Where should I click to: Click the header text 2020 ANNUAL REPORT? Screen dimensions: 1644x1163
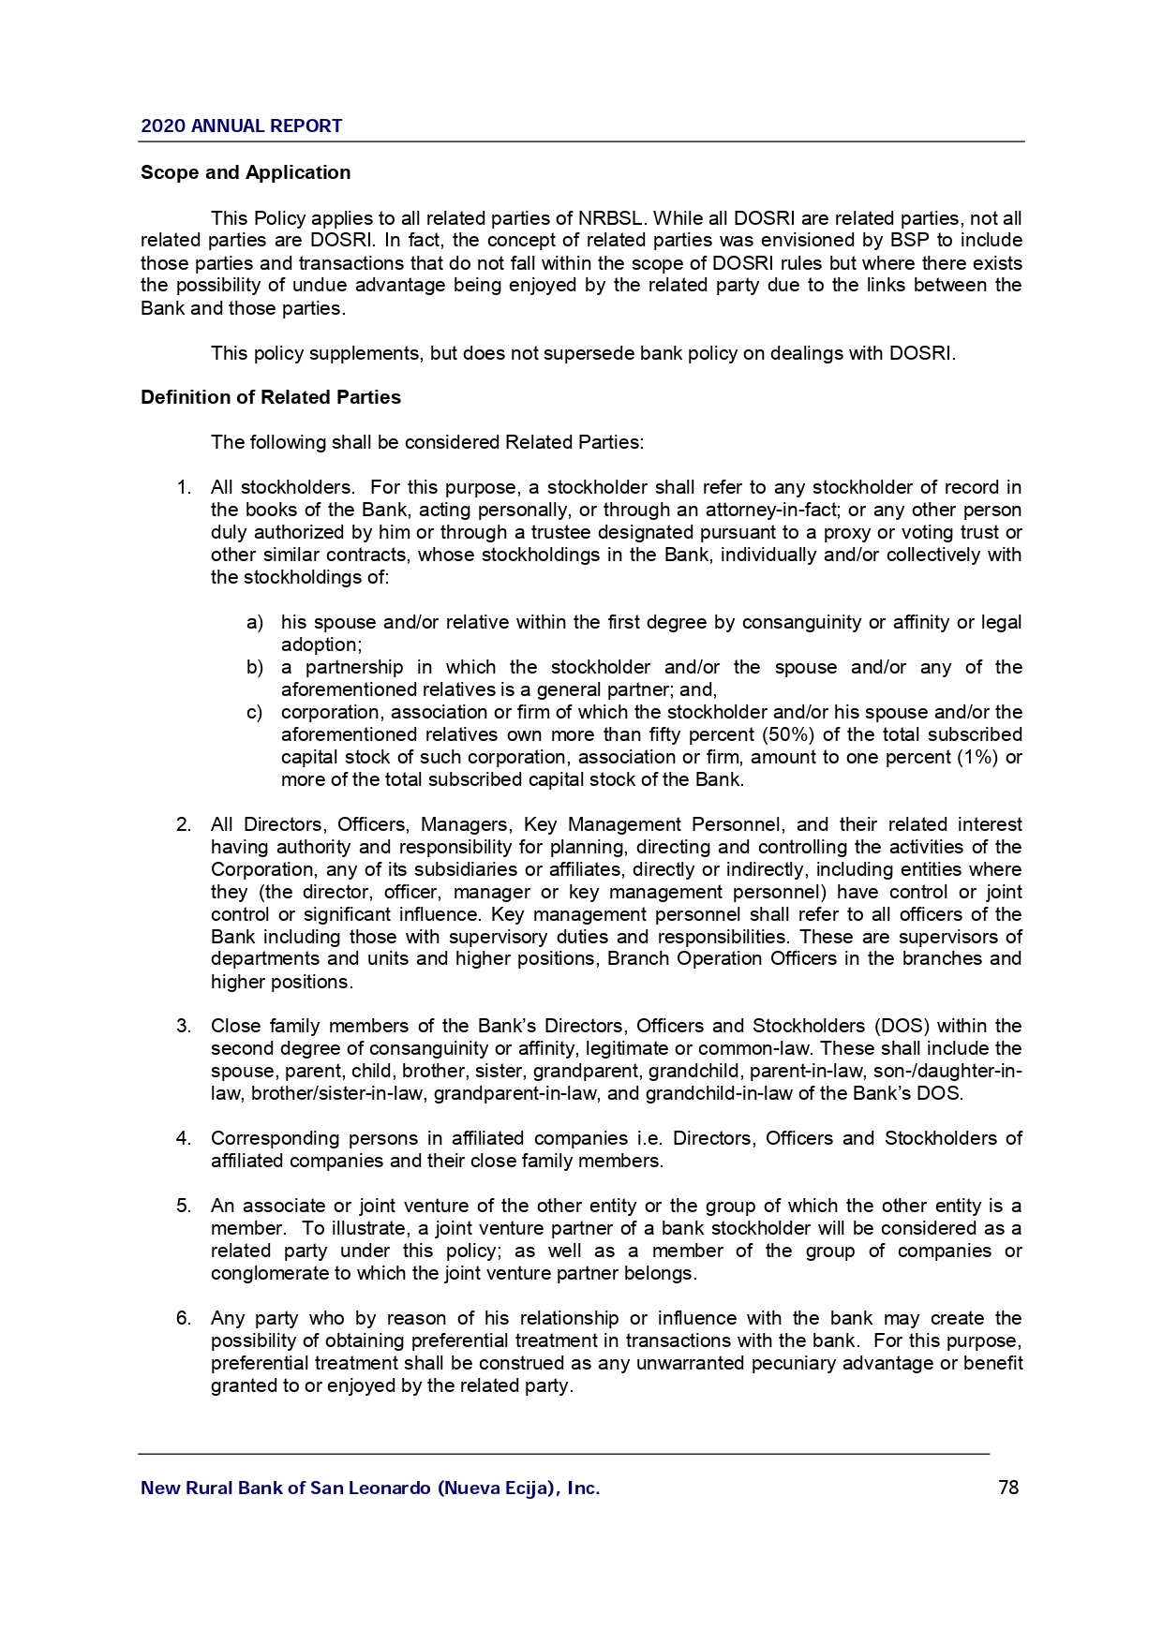pyautogui.click(x=241, y=126)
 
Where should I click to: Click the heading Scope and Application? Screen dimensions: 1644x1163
pyautogui.click(x=246, y=172)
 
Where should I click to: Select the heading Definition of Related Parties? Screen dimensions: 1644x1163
pyautogui.click(x=271, y=397)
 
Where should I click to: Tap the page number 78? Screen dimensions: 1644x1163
pyautogui.click(x=1008, y=1488)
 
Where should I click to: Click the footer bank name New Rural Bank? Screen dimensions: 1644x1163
pyautogui.click(x=370, y=1488)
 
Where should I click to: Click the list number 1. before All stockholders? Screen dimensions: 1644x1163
pyautogui.click(x=184, y=488)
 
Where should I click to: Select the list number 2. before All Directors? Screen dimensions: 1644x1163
pyautogui.click(x=184, y=825)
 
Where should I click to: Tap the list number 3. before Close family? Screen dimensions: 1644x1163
pyautogui.click(x=184, y=1027)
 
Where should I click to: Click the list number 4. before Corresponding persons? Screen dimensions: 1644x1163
pyautogui.click(x=184, y=1139)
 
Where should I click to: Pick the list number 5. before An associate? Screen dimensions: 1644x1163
pyautogui.click(x=184, y=1207)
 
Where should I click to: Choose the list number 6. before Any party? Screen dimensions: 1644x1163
pyautogui.click(x=184, y=1319)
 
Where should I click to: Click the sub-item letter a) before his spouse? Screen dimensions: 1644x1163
pyautogui.click(x=255, y=623)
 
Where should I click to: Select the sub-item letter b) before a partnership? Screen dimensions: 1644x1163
pyautogui.click(x=255, y=668)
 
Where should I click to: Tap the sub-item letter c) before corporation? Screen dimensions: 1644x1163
pyautogui.click(x=255, y=713)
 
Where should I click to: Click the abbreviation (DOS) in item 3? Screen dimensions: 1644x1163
pyautogui.click(x=902, y=1027)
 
